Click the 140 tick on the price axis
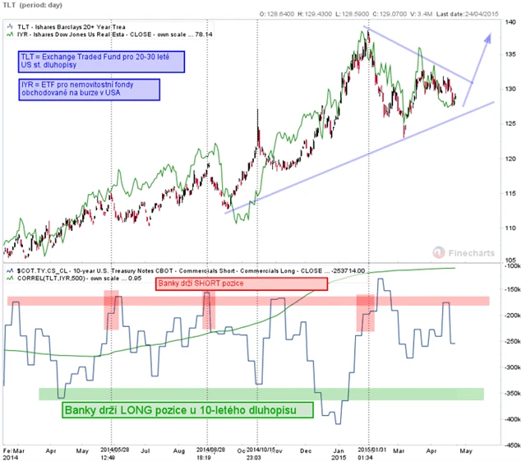tap(511, 22)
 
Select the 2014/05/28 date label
tap(112, 450)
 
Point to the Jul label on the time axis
tap(145, 451)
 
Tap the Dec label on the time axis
tap(305, 451)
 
